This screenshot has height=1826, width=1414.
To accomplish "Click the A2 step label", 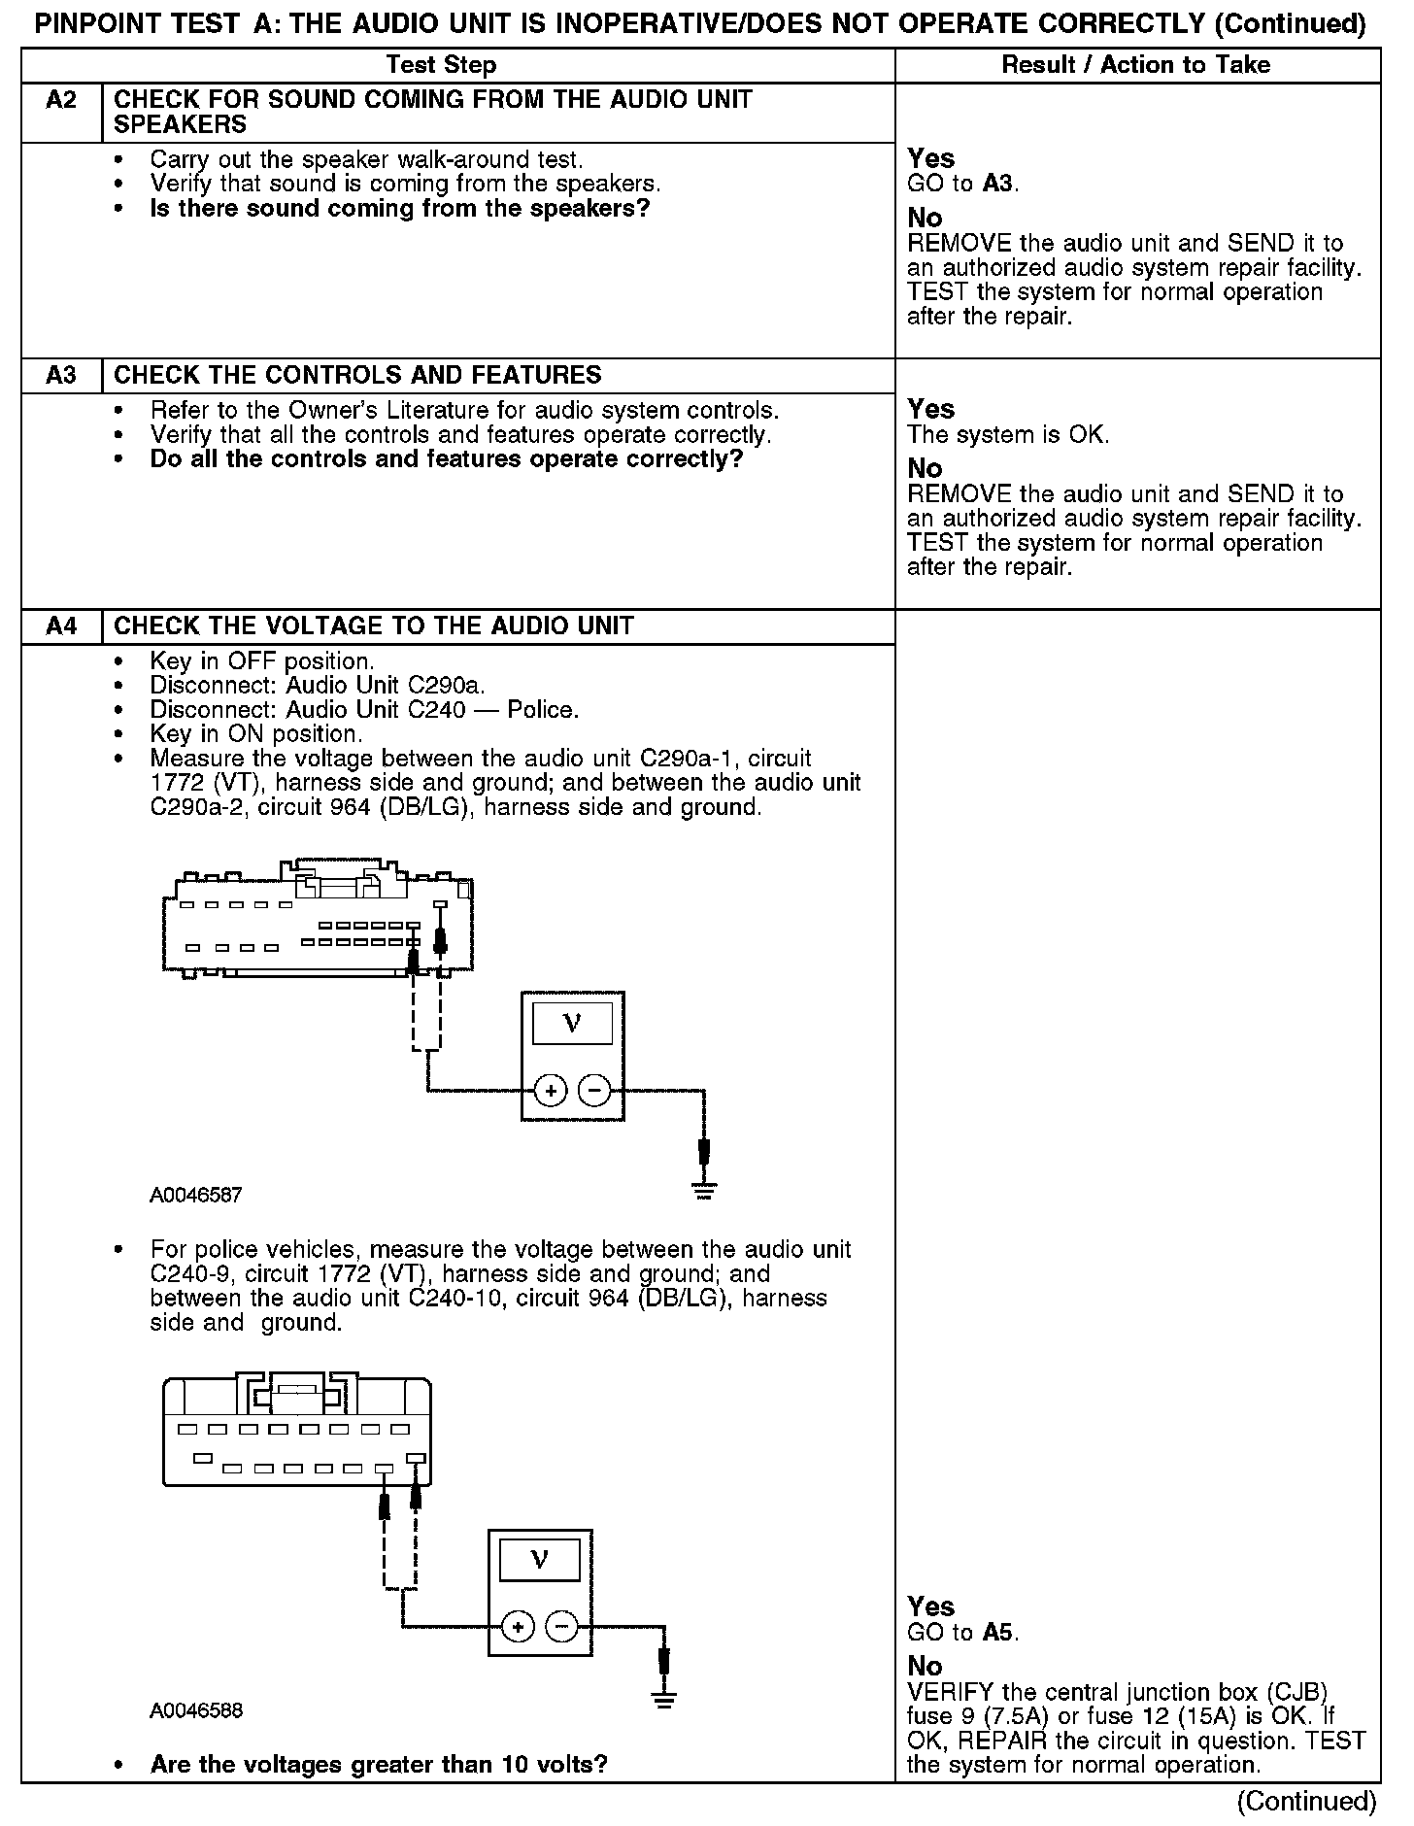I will coord(61,100).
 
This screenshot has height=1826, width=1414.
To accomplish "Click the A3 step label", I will coord(61,376).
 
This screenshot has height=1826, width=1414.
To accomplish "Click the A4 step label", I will coord(61,626).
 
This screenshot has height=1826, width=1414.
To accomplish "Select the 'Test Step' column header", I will coord(441,65).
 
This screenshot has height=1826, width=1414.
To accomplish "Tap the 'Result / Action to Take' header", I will coord(1135,65).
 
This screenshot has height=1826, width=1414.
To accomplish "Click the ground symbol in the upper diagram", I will coord(704,1191).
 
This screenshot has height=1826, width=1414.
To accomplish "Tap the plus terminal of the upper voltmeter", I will coord(550,1091).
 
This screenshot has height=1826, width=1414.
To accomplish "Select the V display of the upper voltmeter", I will coord(572,1023).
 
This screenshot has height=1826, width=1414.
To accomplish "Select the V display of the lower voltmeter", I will coord(539,1560).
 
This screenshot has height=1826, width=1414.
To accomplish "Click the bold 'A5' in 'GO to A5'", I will coord(999,1633).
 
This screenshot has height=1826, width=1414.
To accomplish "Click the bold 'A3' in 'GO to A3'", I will coord(999,184).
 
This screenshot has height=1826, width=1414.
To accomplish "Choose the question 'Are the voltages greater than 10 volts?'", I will coord(379,1764).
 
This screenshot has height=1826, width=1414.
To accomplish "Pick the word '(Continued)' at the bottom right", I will coord(1306,1802).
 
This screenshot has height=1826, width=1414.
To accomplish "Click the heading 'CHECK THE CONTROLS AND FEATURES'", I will coord(357,376).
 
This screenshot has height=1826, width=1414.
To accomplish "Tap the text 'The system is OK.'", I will coord(1008,435).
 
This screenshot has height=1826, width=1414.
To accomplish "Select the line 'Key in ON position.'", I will coord(256,734).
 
